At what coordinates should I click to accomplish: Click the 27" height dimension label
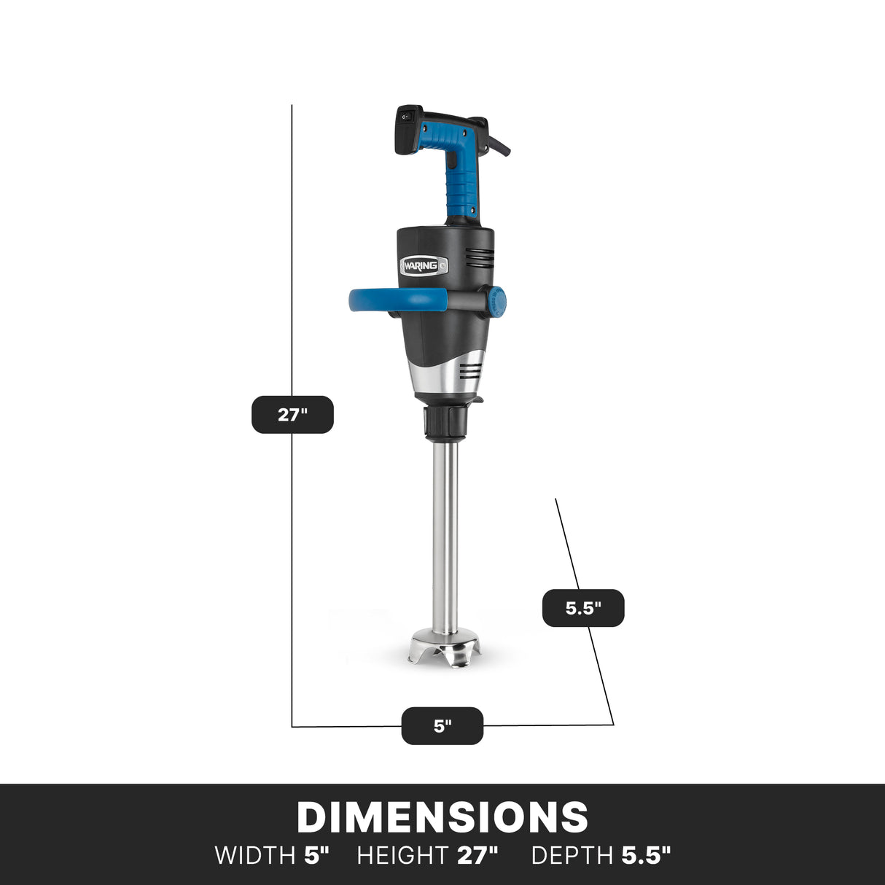(x=292, y=415)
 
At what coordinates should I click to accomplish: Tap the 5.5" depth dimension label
(x=583, y=608)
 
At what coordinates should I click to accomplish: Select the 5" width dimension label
(x=442, y=726)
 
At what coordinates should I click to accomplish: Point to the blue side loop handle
(x=397, y=299)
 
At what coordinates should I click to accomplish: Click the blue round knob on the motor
(x=497, y=300)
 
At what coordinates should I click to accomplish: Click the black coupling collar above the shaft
(x=445, y=420)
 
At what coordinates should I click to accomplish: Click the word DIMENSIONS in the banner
(x=442, y=817)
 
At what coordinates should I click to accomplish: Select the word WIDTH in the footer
(x=254, y=855)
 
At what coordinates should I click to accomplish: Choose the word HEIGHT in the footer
(x=402, y=855)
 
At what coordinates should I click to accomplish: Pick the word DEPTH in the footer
(x=572, y=855)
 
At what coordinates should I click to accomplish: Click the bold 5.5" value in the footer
(x=646, y=855)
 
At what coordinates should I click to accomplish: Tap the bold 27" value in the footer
(x=477, y=855)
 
